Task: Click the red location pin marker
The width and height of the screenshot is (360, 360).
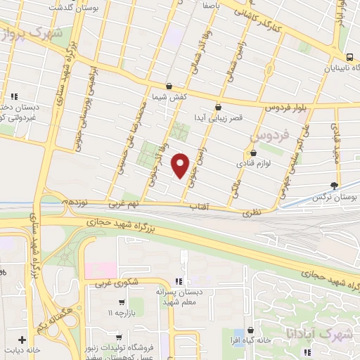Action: (181, 165)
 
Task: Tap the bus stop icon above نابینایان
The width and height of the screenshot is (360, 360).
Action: (349, 58)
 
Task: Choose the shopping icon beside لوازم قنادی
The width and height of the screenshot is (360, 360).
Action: (254, 153)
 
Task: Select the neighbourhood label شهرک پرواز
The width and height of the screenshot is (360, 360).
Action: (32, 34)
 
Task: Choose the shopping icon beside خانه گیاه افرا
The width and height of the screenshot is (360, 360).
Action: (251, 330)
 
